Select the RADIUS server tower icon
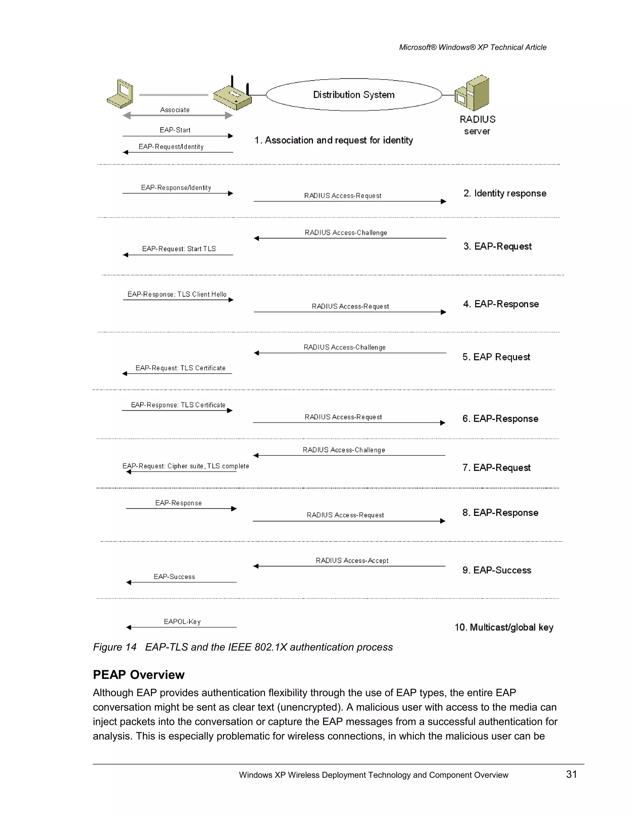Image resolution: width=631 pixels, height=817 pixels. pyautogui.click(x=473, y=93)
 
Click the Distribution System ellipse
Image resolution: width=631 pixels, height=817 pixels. pyautogui.click(x=354, y=95)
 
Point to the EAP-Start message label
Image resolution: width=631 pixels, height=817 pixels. pyautogui.click(x=175, y=130)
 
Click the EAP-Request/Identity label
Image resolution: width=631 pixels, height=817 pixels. pyautogui.click(x=171, y=147)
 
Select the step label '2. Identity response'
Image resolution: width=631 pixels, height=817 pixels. pyautogui.click(x=505, y=193)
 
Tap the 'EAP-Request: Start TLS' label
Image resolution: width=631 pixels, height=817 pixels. pyautogui.click(x=179, y=249)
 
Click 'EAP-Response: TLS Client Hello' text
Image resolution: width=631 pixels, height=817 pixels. pyautogui.click(x=177, y=294)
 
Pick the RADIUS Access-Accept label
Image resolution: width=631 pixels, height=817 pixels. pyautogui.click(x=352, y=560)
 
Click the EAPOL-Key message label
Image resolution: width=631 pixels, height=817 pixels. pyautogui.click(x=182, y=622)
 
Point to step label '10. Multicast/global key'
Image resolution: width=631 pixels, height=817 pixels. pyautogui.click(x=503, y=627)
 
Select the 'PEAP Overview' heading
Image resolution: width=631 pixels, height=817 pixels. pyautogui.click(x=139, y=675)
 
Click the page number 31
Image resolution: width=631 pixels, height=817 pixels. pyautogui.click(x=572, y=774)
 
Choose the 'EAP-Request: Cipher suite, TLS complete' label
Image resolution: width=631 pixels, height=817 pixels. pyautogui.click(x=185, y=466)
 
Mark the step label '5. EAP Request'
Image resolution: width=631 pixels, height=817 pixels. pyautogui.click(x=496, y=357)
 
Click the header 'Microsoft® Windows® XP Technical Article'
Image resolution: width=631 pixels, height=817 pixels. pyautogui.click(x=473, y=47)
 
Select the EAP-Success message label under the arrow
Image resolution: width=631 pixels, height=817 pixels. pyautogui.click(x=174, y=577)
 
